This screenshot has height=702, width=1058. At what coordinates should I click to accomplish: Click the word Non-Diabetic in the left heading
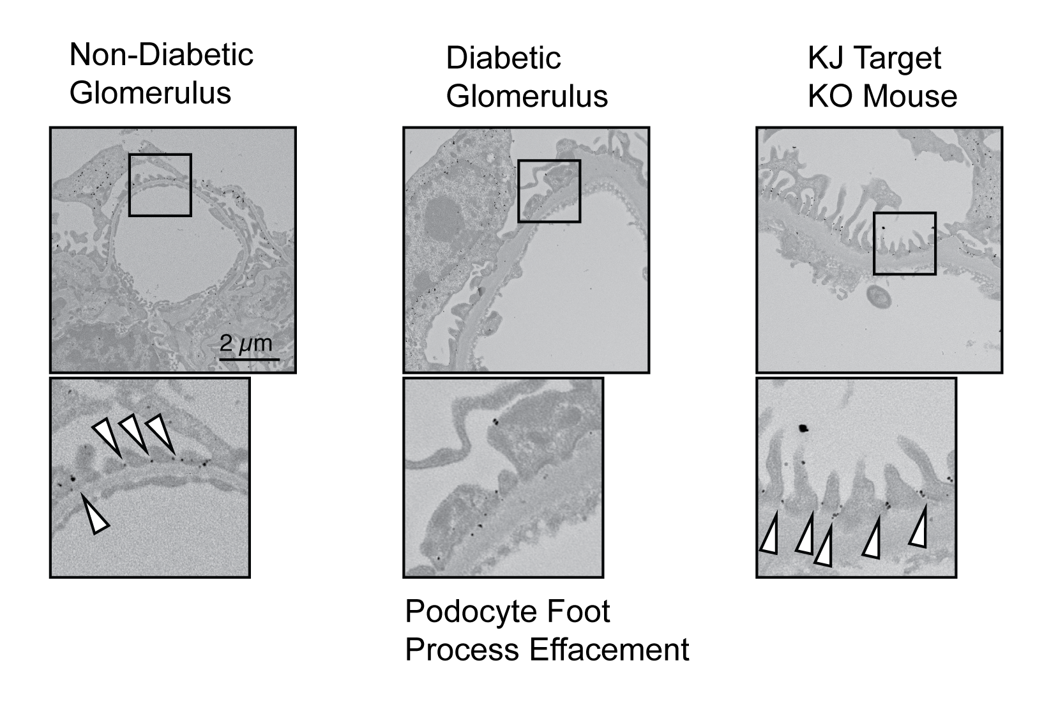point(161,55)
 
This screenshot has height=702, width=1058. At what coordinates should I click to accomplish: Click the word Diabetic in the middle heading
point(503,58)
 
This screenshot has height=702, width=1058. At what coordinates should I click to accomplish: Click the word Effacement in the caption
point(608,650)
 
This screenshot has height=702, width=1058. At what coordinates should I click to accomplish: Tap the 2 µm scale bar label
point(246,344)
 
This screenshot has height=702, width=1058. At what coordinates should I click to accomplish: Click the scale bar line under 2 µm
point(250,359)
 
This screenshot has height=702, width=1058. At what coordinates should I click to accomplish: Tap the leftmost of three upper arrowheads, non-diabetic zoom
point(107,436)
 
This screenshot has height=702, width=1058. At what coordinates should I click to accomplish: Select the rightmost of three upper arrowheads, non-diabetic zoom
point(161,432)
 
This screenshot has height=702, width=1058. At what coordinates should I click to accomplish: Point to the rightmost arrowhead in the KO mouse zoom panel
point(919,528)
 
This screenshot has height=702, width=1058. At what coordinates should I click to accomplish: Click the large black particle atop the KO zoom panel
point(803,428)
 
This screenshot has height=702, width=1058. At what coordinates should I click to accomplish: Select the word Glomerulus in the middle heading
point(527,96)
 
